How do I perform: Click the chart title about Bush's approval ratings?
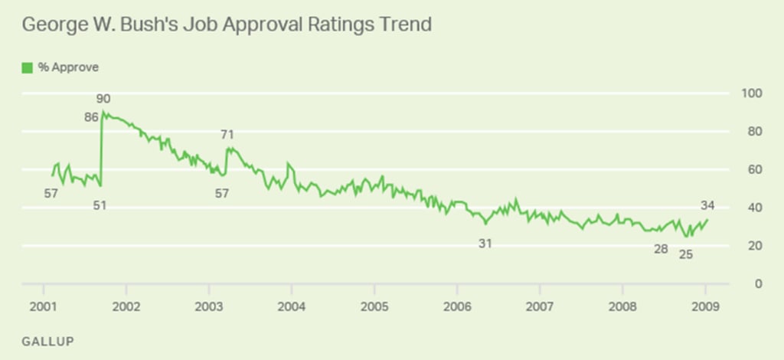[227, 25]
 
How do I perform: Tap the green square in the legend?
[28, 67]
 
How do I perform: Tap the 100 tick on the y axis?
[754, 93]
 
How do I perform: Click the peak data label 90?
[104, 99]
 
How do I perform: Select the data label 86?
[91, 118]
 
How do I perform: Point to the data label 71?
[227, 135]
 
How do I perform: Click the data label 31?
[485, 244]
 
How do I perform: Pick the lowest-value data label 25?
[686, 254]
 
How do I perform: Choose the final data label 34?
[708, 205]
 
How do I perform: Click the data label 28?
[661, 249]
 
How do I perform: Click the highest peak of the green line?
[103, 112]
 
